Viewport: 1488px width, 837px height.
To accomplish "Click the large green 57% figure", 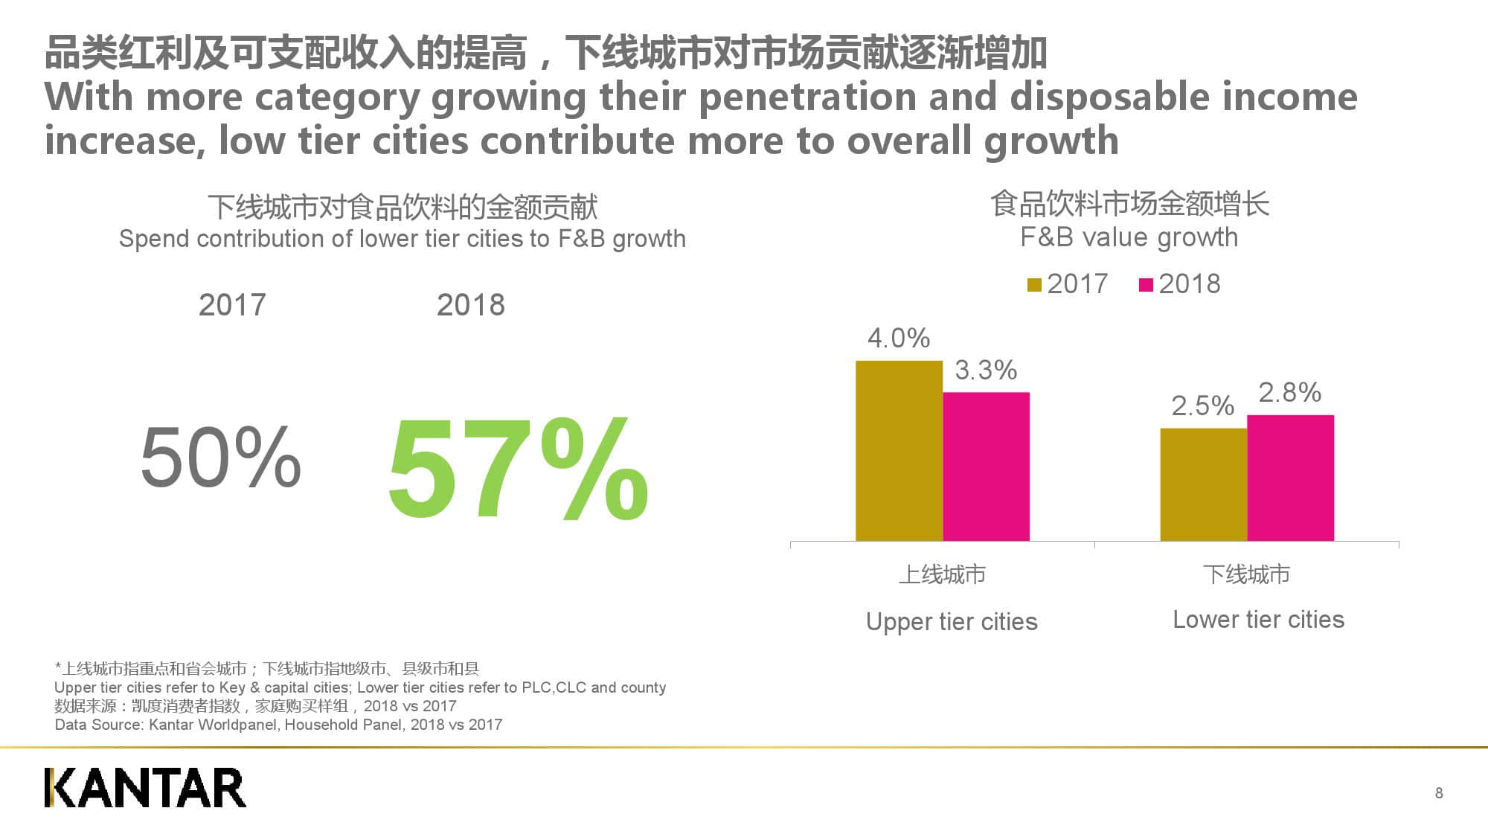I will point(518,469).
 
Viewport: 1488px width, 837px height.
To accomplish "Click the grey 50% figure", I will point(221,457).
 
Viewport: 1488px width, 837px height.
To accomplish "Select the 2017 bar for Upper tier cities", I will point(899,451).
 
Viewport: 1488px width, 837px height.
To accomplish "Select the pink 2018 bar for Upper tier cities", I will point(986,466).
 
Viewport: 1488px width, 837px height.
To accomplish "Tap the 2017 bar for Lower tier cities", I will point(1203,484).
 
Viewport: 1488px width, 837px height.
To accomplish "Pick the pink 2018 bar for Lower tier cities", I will point(1290,478).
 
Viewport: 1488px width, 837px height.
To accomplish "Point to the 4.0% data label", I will point(899,339).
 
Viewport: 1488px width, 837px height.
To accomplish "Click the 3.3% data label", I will point(986,370).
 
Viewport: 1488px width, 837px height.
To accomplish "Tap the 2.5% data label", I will point(1202,405).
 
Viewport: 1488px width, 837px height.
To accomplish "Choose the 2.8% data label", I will point(1289,392).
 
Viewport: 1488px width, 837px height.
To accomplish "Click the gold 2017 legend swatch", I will point(1034,285).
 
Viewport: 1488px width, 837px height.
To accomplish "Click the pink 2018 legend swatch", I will point(1146,285).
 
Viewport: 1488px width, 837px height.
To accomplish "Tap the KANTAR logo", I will point(145,788).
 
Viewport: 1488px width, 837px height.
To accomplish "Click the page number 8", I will point(1439,793).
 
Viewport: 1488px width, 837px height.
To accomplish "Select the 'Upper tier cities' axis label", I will point(952,621).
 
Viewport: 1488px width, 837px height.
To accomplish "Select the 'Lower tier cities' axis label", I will point(1258,619).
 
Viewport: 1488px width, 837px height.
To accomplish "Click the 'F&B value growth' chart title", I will point(1129,237).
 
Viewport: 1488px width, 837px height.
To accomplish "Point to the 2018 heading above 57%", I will point(470,305).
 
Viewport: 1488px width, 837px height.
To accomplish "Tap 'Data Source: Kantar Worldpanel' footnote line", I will point(278,725).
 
